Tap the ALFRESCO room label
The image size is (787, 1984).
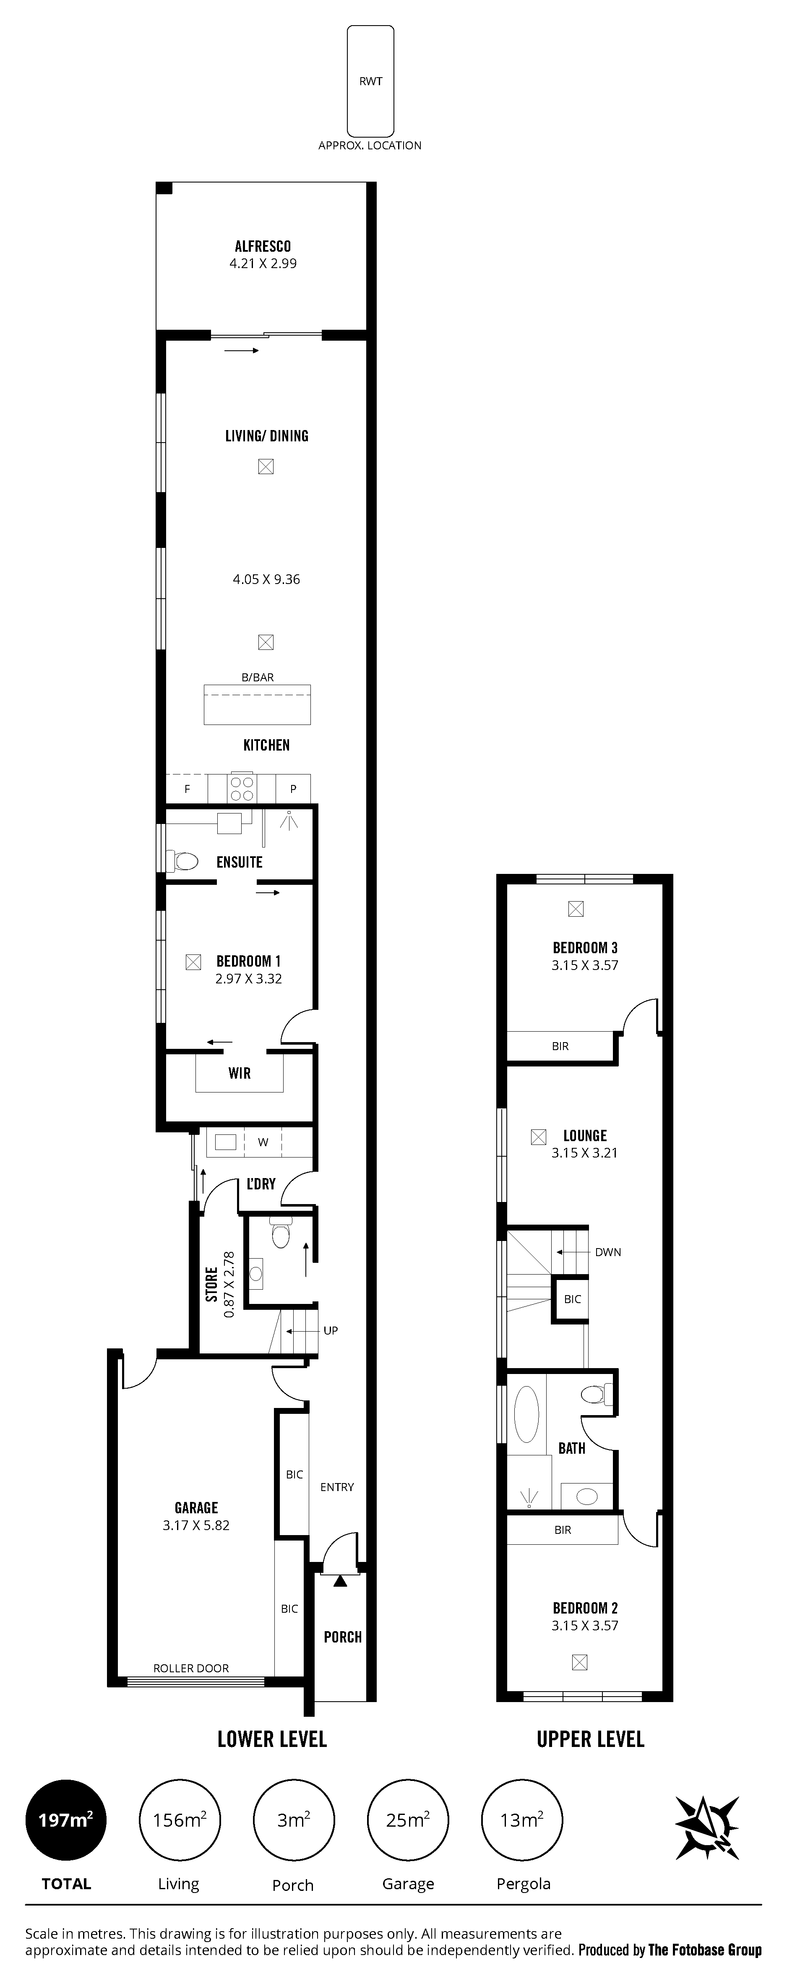pyautogui.click(x=263, y=246)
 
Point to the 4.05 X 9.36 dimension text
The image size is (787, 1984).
pyautogui.click(x=266, y=579)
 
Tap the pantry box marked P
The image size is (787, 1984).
pyautogui.click(x=293, y=789)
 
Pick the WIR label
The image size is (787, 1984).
pyautogui.click(x=240, y=1073)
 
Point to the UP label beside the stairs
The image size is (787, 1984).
pyautogui.click(x=330, y=1330)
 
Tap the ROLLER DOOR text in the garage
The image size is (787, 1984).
pyautogui.click(x=191, y=1668)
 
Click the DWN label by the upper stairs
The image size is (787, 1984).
pyautogui.click(x=607, y=1252)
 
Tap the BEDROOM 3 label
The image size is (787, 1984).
pyautogui.click(x=585, y=948)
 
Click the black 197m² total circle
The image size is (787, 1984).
pyautogui.click(x=66, y=1821)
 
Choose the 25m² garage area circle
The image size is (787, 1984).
pyautogui.click(x=407, y=1821)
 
